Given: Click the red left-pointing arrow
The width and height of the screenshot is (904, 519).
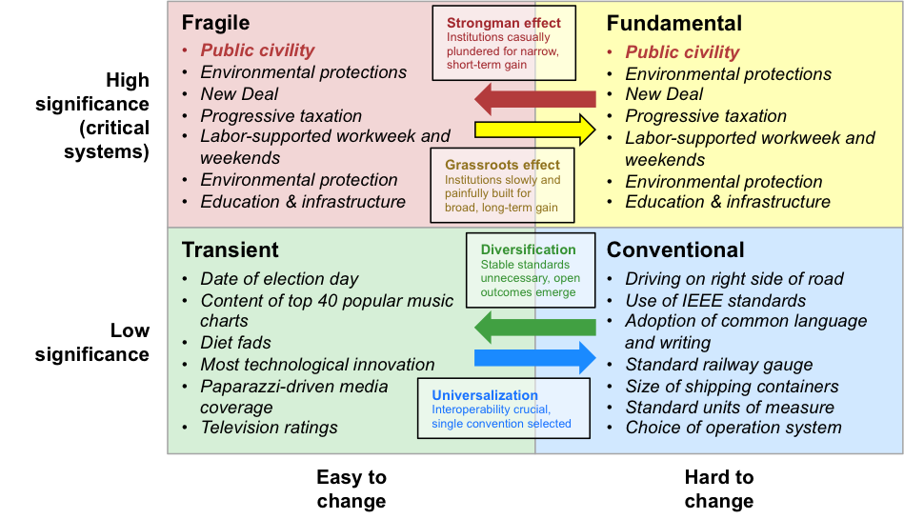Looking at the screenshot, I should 534,98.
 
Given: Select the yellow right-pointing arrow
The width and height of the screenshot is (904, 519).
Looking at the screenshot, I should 534,128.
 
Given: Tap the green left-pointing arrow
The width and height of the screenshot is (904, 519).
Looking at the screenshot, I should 534,328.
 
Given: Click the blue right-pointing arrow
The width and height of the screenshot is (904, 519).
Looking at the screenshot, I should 534,358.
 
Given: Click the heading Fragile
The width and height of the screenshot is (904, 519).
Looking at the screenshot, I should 215,23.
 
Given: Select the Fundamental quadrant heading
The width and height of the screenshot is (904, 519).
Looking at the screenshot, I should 673,24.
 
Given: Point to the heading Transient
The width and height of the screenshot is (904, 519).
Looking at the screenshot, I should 230,250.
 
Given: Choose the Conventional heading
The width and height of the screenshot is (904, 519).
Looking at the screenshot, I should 675,250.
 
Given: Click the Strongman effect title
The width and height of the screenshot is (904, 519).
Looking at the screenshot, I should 504,23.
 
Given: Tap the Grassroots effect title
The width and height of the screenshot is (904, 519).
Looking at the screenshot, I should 502,165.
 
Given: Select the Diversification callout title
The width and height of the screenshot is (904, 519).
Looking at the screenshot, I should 528,250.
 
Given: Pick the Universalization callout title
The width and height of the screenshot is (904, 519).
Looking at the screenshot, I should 485,395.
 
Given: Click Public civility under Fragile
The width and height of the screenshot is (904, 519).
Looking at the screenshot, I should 257,50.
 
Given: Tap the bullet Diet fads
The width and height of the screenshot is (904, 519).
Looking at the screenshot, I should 235,342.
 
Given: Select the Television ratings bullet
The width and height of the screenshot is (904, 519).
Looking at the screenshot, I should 269,427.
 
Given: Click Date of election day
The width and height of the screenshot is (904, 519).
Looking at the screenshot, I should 279,279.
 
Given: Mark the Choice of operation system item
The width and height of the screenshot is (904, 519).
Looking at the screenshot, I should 733,427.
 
